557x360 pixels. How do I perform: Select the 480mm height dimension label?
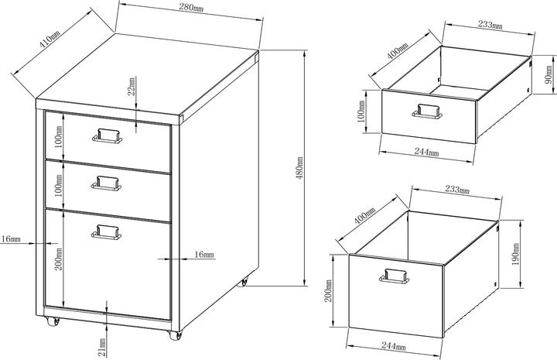[299, 168]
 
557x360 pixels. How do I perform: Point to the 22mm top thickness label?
[132, 87]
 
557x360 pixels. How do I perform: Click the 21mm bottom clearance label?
[102, 347]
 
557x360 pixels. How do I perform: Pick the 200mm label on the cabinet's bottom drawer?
[59, 259]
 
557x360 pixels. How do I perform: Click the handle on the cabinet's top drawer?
[108, 135]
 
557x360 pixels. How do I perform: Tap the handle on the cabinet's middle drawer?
[106, 183]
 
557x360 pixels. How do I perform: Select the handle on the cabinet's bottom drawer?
[106, 231]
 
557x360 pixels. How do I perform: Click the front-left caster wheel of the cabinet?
[53, 321]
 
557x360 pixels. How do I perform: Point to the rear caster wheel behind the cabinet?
[243, 282]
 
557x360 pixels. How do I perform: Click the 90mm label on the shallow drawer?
[548, 74]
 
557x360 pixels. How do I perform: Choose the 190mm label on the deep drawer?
[516, 254]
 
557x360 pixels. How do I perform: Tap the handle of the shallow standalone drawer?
[427, 111]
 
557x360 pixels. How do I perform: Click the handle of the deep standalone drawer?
[395, 276]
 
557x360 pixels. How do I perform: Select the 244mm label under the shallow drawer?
[426, 152]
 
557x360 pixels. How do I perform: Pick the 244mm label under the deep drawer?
[394, 345]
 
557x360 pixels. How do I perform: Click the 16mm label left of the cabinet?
[11, 238]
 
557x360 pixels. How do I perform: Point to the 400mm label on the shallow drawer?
[398, 51]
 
